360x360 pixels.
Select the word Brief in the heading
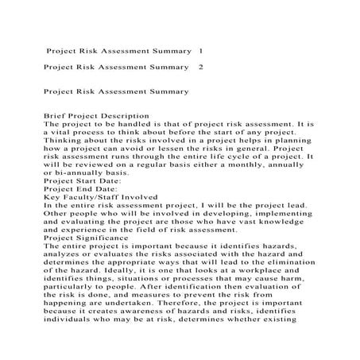(57, 117)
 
